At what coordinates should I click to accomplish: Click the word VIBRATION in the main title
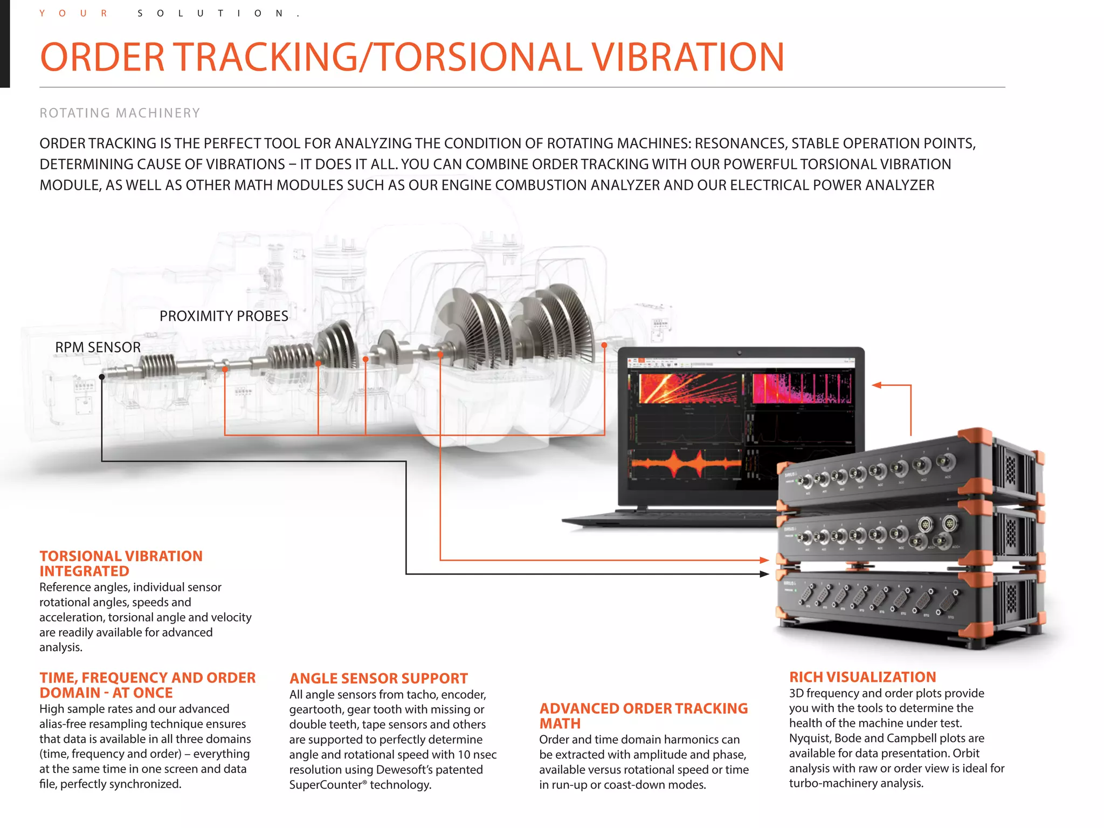[687, 57]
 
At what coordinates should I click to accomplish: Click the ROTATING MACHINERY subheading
[120, 113]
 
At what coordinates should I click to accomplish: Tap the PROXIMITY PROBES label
[224, 316]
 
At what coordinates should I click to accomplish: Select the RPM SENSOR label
[98, 347]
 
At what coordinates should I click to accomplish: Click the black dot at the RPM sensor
[102, 377]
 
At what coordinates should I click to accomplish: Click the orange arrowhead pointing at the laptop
[877, 385]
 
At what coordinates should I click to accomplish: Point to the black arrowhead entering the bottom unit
[764, 574]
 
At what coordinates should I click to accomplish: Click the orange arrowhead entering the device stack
[764, 560]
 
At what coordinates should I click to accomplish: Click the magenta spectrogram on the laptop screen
[802, 388]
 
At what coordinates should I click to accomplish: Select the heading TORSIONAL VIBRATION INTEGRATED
[121, 563]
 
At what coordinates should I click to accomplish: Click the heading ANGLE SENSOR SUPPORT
[378, 678]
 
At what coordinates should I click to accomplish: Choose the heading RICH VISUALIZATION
[862, 677]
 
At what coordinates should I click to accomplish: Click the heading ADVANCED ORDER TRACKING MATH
[644, 716]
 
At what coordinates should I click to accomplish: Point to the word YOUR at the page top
[73, 13]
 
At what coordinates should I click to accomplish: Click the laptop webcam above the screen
[739, 353]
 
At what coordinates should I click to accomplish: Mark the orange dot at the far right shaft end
[604, 345]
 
